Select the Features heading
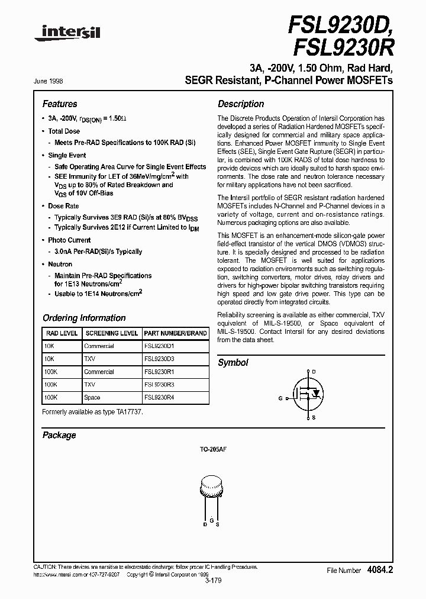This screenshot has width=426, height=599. tap(60, 104)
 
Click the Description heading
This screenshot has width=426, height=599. tap(241, 104)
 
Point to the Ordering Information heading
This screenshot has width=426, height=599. tap(84, 318)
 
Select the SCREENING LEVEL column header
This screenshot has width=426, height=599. tap(111, 333)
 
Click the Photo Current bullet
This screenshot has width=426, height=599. tap(69, 240)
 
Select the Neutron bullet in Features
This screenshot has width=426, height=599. tap(60, 265)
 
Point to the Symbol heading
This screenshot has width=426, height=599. tap(233, 363)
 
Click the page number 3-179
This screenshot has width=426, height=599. tap(213, 582)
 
